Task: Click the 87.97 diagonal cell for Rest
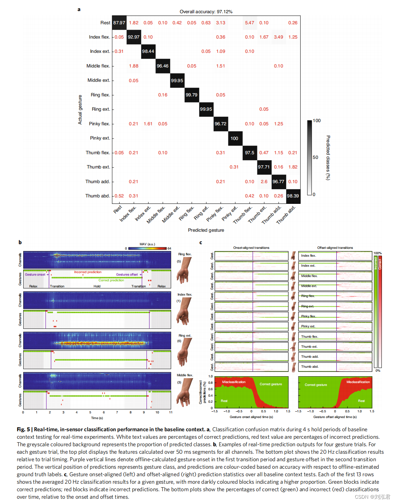[119, 23]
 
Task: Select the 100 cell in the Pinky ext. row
[234, 139]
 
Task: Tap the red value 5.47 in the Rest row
[249, 23]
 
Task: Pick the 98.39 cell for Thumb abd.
[293, 196]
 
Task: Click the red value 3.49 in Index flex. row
[278, 37]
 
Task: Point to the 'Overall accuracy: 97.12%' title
[206, 12]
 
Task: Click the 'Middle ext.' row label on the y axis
[99, 80]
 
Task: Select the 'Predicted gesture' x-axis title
[206, 230]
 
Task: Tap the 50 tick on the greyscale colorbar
[315, 157]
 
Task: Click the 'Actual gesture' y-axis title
[80, 110]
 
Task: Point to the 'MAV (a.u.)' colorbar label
[147, 244]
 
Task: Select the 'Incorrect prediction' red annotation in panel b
[88, 272]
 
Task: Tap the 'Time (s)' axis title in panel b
[97, 418]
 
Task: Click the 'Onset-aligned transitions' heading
[251, 248]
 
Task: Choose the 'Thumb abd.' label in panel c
[310, 367]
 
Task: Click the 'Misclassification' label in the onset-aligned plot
[234, 382]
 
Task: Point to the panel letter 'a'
[79, 9]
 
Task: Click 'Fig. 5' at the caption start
[23, 429]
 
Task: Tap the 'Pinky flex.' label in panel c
[308, 316]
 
